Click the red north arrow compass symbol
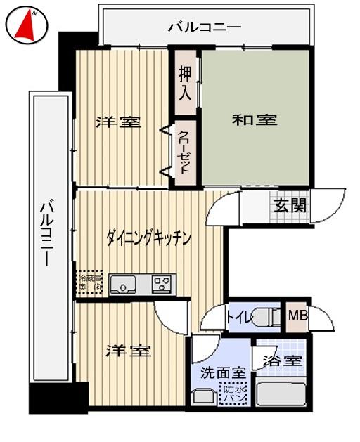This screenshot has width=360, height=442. (27, 25)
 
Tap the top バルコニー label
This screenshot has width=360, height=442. (205, 28)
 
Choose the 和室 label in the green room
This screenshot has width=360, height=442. (255, 120)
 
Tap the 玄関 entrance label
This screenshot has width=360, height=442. (290, 206)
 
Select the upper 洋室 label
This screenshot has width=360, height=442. (118, 122)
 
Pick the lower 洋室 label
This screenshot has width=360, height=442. (128, 351)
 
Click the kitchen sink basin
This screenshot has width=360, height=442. (127, 285)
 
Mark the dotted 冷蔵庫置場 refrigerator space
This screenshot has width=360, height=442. (90, 283)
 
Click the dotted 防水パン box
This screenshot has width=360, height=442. (233, 394)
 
